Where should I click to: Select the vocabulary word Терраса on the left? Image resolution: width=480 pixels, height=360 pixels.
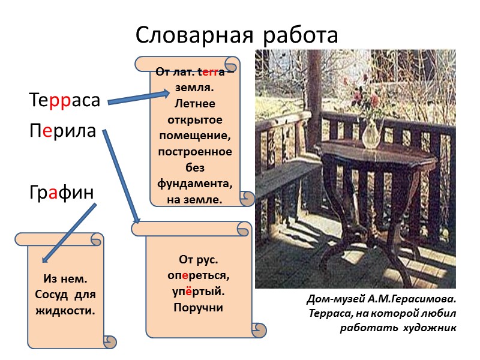tap(64, 101)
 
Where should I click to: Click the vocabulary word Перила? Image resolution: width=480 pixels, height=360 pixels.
tap(62, 130)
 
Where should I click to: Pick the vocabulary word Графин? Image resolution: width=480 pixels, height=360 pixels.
tap(62, 193)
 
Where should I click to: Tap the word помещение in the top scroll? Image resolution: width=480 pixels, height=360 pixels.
tap(195, 137)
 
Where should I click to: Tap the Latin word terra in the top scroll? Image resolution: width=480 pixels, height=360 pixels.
tap(212, 73)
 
